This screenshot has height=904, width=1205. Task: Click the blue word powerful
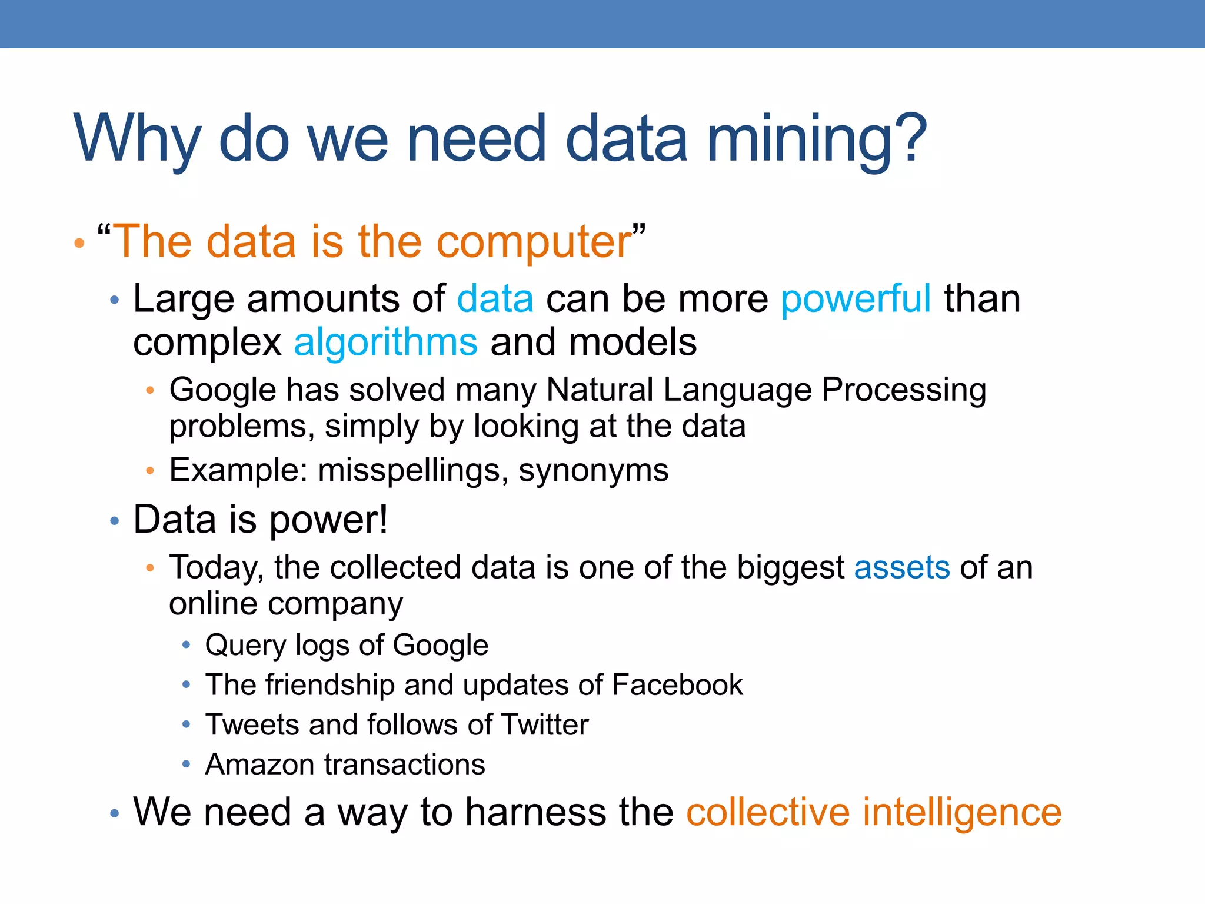point(856,299)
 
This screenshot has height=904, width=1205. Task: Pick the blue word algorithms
point(385,343)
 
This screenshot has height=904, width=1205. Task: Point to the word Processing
point(904,391)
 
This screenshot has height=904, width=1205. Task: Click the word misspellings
point(409,471)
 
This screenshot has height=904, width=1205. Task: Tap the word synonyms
point(593,471)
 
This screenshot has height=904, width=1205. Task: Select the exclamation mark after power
point(383,519)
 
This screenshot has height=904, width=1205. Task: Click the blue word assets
point(901,568)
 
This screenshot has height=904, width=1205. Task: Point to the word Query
point(245,646)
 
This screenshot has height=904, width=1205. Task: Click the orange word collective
point(768,812)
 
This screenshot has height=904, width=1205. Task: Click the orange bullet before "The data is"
point(79,243)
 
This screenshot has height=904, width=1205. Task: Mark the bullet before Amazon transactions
point(186,764)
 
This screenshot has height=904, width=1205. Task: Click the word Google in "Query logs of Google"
point(440,646)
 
